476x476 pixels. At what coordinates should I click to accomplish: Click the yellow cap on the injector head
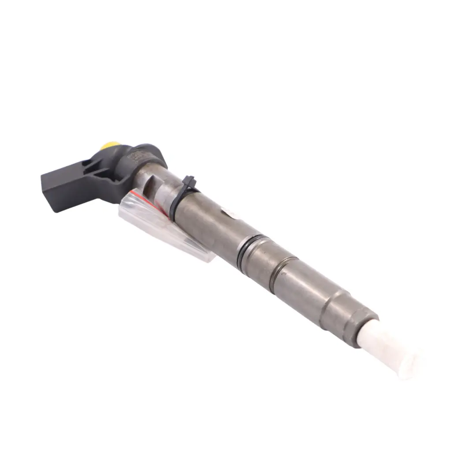[x=111, y=145]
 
